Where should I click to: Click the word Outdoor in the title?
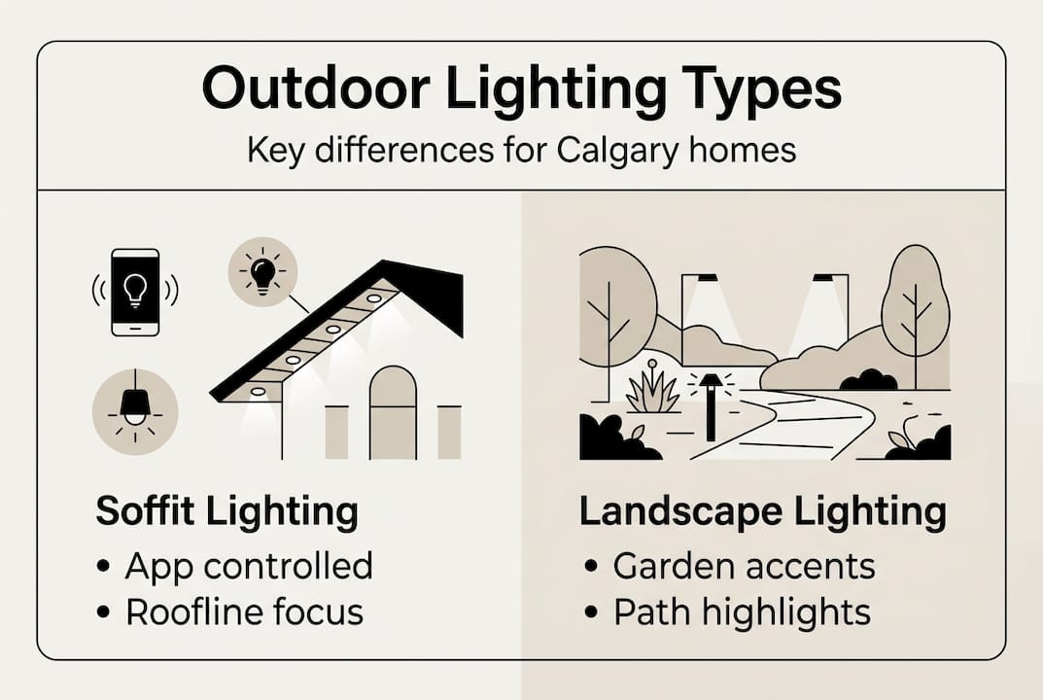pyautogui.click(x=316, y=87)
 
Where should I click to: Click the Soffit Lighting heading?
pyautogui.click(x=226, y=511)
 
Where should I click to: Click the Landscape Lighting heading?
pyautogui.click(x=763, y=511)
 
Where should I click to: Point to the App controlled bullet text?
pyautogui.click(x=249, y=567)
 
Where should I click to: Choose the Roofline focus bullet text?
pyautogui.click(x=245, y=612)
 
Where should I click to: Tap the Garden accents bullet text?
pyautogui.click(x=745, y=566)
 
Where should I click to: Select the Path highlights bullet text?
pyautogui.click(x=743, y=612)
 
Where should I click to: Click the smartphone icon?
pyautogui.click(x=135, y=292)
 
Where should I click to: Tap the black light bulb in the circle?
pyautogui.click(x=262, y=272)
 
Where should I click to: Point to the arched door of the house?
pyautogui.click(x=393, y=412)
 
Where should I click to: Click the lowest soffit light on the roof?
pyautogui.click(x=258, y=392)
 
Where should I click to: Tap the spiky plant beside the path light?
pyautogui.click(x=653, y=393)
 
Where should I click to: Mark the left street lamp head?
pyautogui.click(x=707, y=278)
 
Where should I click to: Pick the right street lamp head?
pyautogui.click(x=824, y=278)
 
